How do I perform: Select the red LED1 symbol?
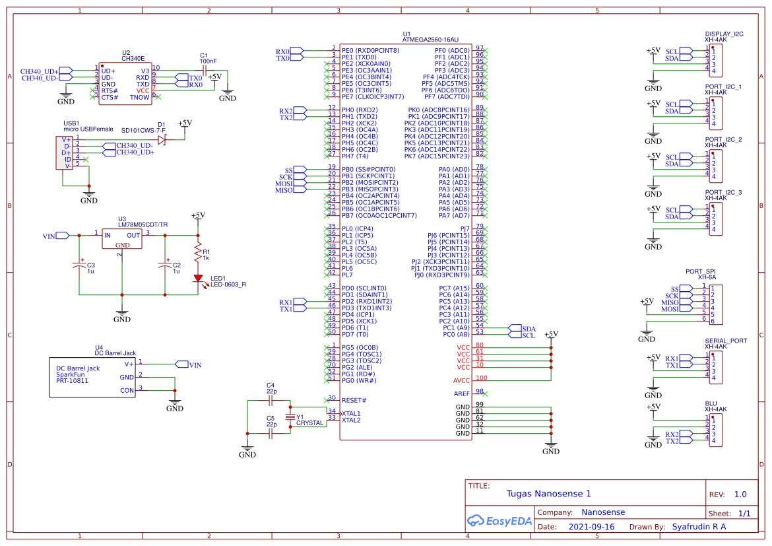tap(197, 279)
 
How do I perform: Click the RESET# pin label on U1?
tap(355, 400)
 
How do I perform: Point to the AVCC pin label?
tap(461, 380)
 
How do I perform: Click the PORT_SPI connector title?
tap(700, 271)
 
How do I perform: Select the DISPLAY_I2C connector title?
tap(724, 34)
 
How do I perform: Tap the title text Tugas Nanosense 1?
tap(548, 494)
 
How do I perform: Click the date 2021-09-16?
tap(591, 527)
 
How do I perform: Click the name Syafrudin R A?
tap(699, 527)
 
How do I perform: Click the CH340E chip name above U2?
tap(133, 58)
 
